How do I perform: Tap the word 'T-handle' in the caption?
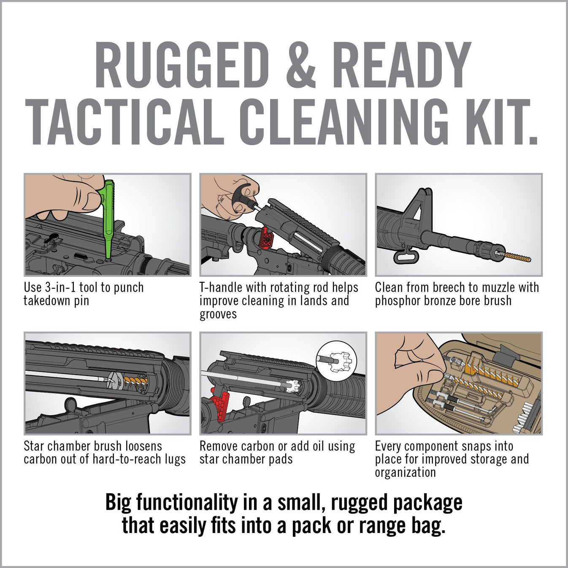coord(220,288)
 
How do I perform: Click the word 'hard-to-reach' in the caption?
coord(125,459)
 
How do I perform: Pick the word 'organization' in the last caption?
coord(405,472)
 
